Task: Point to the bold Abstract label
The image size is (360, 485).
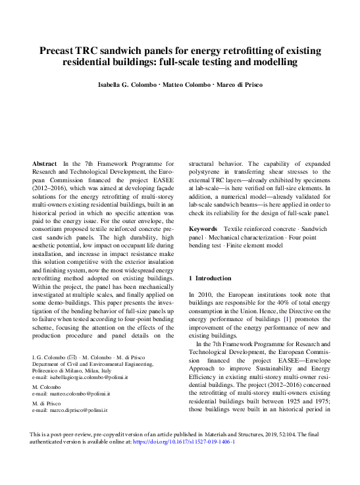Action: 43,162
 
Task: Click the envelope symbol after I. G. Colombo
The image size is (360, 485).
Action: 70,358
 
